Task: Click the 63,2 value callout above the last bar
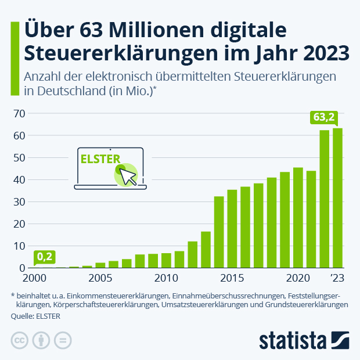coord(324,117)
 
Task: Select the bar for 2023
coord(337,198)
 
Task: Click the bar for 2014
coord(219,232)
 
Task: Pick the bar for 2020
coord(298,218)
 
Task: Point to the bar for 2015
coord(232,229)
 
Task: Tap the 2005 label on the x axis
coord(100,277)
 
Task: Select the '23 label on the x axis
coord(337,277)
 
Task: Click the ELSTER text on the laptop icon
coord(99,159)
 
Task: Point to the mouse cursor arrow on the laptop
coord(128,176)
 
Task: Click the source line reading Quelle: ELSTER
coord(35,316)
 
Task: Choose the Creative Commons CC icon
coord(20,340)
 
